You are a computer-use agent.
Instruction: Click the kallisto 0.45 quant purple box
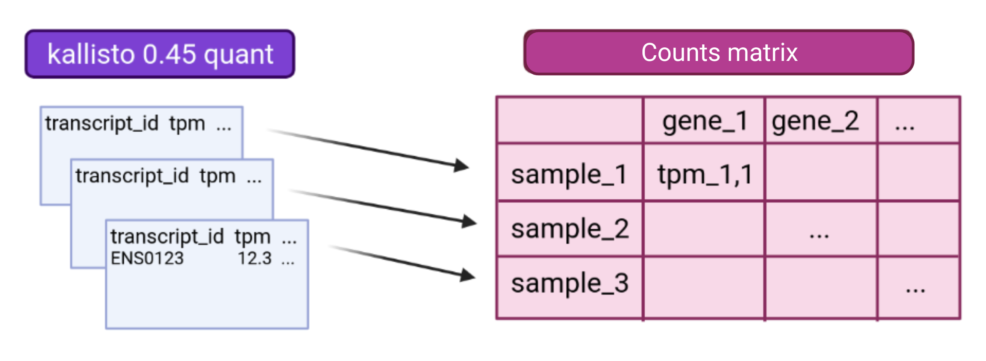click(160, 54)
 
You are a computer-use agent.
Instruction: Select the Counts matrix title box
click(719, 52)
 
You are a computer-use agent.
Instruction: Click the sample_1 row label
click(569, 174)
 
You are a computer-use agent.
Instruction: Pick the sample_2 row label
click(570, 229)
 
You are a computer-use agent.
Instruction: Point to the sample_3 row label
click(570, 284)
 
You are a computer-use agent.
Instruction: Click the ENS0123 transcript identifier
click(147, 258)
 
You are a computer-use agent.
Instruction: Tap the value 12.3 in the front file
click(254, 258)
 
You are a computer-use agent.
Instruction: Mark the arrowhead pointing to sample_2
click(469, 221)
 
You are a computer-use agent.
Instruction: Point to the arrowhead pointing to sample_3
click(467, 275)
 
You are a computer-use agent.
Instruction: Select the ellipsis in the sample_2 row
click(819, 235)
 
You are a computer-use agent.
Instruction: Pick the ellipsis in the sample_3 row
click(915, 290)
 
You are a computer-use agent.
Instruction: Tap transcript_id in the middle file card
click(132, 176)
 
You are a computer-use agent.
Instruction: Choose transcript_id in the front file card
click(167, 237)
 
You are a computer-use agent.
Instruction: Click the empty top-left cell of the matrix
click(569, 120)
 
